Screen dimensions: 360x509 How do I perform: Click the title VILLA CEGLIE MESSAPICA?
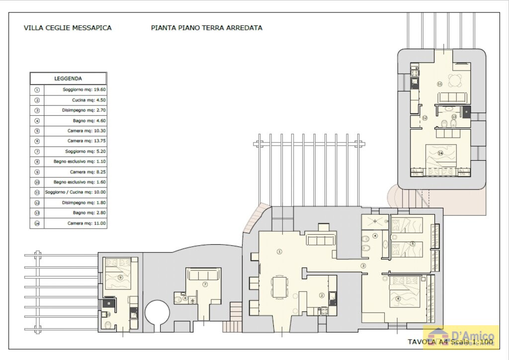[x=68, y=28]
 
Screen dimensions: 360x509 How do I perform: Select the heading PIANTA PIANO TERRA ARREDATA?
[x=206, y=28]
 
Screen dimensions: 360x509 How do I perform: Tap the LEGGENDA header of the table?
[x=68, y=79]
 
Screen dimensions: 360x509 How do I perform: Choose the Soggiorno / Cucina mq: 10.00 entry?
[x=75, y=192]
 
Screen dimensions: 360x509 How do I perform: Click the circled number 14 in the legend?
[x=37, y=223]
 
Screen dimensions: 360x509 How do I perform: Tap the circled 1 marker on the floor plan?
[x=279, y=252]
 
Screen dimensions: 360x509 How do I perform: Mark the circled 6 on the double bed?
[x=398, y=298]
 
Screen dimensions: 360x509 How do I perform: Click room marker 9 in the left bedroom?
[x=120, y=277]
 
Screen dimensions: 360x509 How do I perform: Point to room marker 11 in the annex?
[x=439, y=84]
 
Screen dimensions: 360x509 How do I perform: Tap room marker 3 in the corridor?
[x=363, y=266]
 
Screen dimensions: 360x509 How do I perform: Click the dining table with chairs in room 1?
[x=280, y=287]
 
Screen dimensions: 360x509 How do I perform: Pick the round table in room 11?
[x=454, y=79]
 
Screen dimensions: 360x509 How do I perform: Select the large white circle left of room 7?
[x=158, y=313]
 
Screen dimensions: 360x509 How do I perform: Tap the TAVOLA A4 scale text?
[x=450, y=342]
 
